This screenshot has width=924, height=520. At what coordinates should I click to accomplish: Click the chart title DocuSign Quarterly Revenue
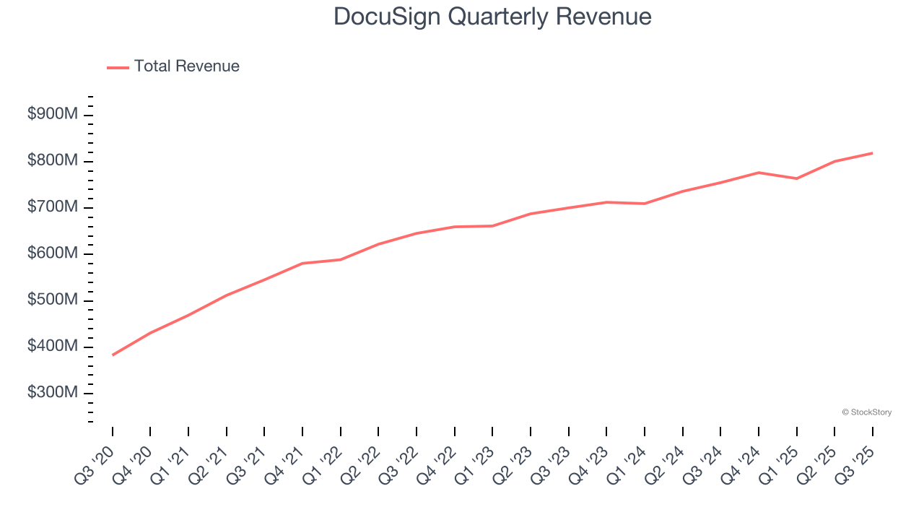tap(492, 17)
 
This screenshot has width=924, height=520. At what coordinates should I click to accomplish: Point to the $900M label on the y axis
tap(52, 115)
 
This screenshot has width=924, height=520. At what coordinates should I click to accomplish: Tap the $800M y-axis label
tap(52, 161)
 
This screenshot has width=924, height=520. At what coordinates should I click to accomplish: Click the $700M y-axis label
tap(52, 208)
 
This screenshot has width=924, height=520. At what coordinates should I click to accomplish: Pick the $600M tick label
tap(52, 254)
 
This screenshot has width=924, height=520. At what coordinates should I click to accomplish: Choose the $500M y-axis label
tap(52, 300)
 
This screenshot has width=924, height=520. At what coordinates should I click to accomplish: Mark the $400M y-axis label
tap(52, 347)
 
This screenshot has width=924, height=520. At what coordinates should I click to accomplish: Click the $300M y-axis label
tap(52, 393)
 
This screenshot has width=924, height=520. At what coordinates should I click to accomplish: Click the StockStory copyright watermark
tap(866, 412)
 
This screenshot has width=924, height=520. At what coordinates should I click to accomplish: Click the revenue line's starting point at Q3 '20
tap(113, 355)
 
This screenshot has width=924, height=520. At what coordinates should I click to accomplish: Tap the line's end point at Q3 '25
tap(872, 153)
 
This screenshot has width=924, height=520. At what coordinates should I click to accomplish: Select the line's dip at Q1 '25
tap(796, 178)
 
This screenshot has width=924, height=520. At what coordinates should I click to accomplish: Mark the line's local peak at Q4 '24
tap(759, 173)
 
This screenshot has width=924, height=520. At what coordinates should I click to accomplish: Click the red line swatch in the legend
tap(118, 67)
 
